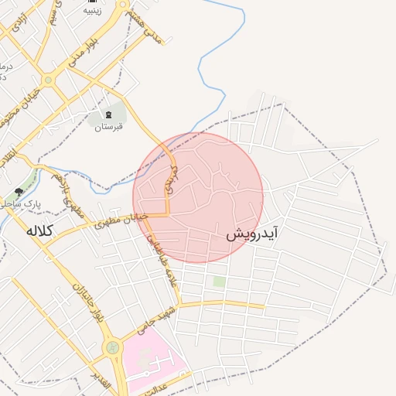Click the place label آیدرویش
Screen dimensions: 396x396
252,233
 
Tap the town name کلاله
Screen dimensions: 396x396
44,230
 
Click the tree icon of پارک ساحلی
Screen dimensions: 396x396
19,191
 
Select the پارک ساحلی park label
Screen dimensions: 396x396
19,203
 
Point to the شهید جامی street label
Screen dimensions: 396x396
152,323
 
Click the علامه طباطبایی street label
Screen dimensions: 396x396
163,264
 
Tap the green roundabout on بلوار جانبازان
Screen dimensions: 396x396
113,349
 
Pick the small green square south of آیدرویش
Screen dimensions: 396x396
220,282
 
